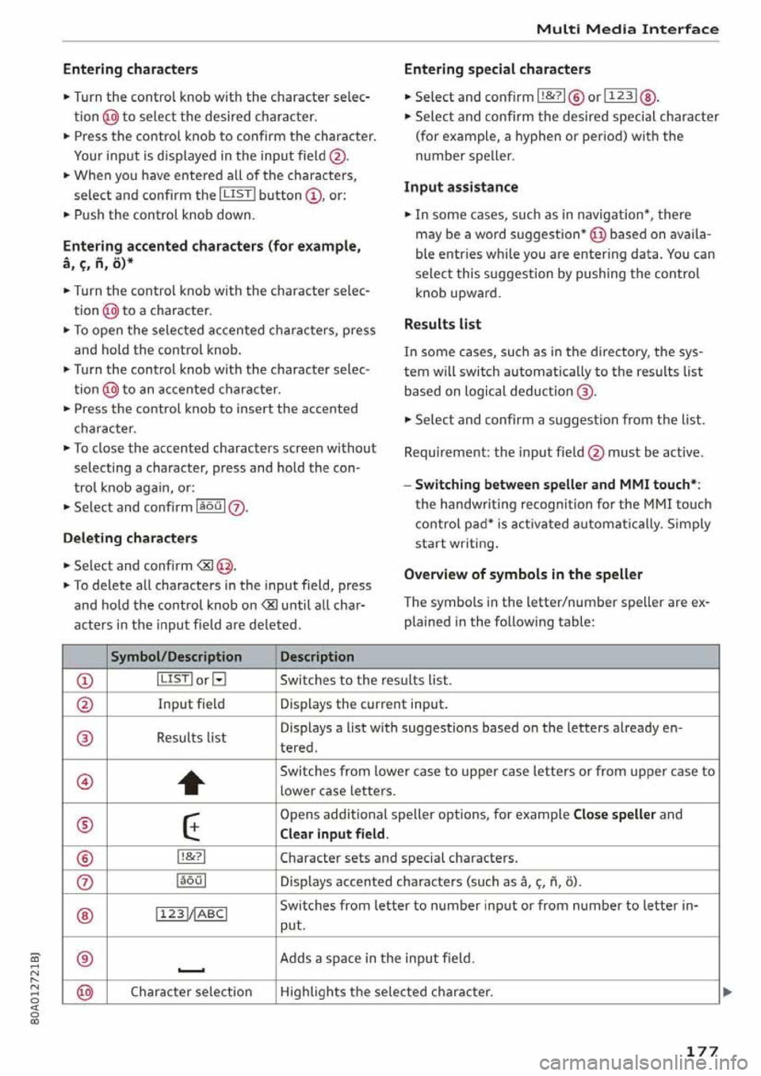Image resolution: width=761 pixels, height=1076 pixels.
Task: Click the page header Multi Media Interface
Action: [x=627, y=29]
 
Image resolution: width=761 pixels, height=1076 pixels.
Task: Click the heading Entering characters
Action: [x=130, y=69]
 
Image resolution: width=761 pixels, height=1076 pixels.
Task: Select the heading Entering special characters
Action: [x=497, y=69]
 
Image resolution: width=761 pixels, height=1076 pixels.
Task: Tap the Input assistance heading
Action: [x=461, y=187]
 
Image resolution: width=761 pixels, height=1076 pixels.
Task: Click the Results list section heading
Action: [x=442, y=324]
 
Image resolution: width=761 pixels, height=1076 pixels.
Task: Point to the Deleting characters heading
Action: [x=130, y=538]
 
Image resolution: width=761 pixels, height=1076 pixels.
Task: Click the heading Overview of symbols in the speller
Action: [x=523, y=574]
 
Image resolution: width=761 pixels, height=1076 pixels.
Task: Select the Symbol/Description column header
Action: [x=176, y=657]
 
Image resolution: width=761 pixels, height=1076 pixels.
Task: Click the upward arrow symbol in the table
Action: [x=191, y=783]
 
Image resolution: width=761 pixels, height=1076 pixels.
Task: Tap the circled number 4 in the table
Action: [x=86, y=782]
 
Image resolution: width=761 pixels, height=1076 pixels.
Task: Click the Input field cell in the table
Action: [x=191, y=704]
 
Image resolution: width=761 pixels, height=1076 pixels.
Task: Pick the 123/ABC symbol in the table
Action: [x=191, y=914]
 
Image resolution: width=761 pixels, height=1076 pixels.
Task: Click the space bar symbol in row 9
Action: [x=191, y=969]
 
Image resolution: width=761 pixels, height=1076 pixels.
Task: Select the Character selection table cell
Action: [x=191, y=992]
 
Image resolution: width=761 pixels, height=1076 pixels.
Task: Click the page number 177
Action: [x=702, y=1051]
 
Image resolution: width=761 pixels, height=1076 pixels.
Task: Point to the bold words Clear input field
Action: [x=333, y=834]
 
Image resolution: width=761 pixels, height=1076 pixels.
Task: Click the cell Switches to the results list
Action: [x=365, y=681]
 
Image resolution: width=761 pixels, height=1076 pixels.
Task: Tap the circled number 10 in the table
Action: [x=86, y=992]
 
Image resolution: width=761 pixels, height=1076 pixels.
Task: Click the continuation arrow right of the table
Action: [x=727, y=992]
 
